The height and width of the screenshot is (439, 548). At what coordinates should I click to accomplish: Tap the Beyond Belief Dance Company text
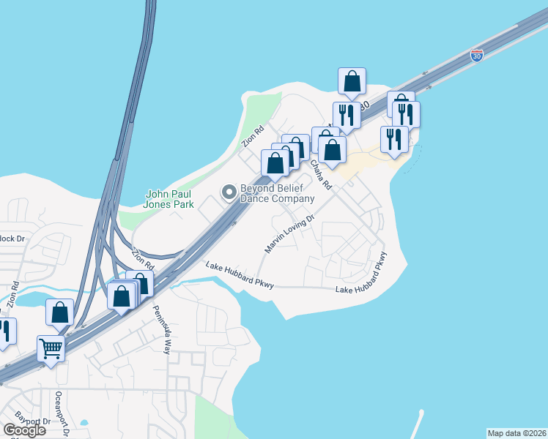point(277,193)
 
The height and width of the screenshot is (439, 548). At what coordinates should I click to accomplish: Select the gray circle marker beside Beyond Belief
point(229,192)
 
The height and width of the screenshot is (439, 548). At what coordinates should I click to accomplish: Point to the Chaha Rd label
point(321,175)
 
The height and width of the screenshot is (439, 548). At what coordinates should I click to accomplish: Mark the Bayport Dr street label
point(37,422)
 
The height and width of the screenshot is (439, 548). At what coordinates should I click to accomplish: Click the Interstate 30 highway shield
point(476,56)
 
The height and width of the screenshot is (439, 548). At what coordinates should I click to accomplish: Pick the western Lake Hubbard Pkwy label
point(240,275)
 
